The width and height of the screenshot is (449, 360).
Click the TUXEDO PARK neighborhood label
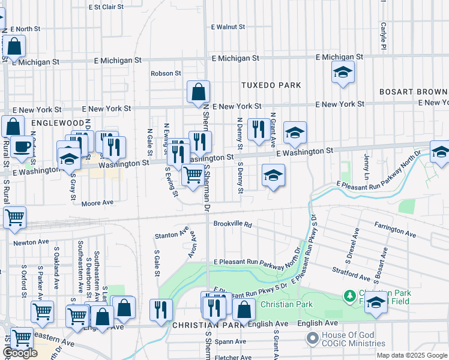tap(271, 85)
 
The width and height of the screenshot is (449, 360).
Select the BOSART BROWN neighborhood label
tap(414, 92)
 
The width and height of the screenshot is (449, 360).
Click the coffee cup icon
tap(22, 146)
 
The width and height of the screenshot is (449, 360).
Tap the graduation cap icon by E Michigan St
tap(343, 73)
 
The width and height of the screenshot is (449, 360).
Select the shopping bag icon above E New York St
tap(198, 92)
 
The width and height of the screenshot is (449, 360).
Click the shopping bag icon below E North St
tap(14, 47)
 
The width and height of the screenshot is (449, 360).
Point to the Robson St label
tap(166, 73)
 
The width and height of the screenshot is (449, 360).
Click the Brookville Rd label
tap(232, 224)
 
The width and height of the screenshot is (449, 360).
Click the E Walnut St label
tap(228, 27)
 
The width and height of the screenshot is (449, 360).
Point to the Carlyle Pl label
tap(382, 36)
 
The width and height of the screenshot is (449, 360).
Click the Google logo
tap(20, 353)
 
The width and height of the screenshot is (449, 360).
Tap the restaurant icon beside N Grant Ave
tap(259, 130)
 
